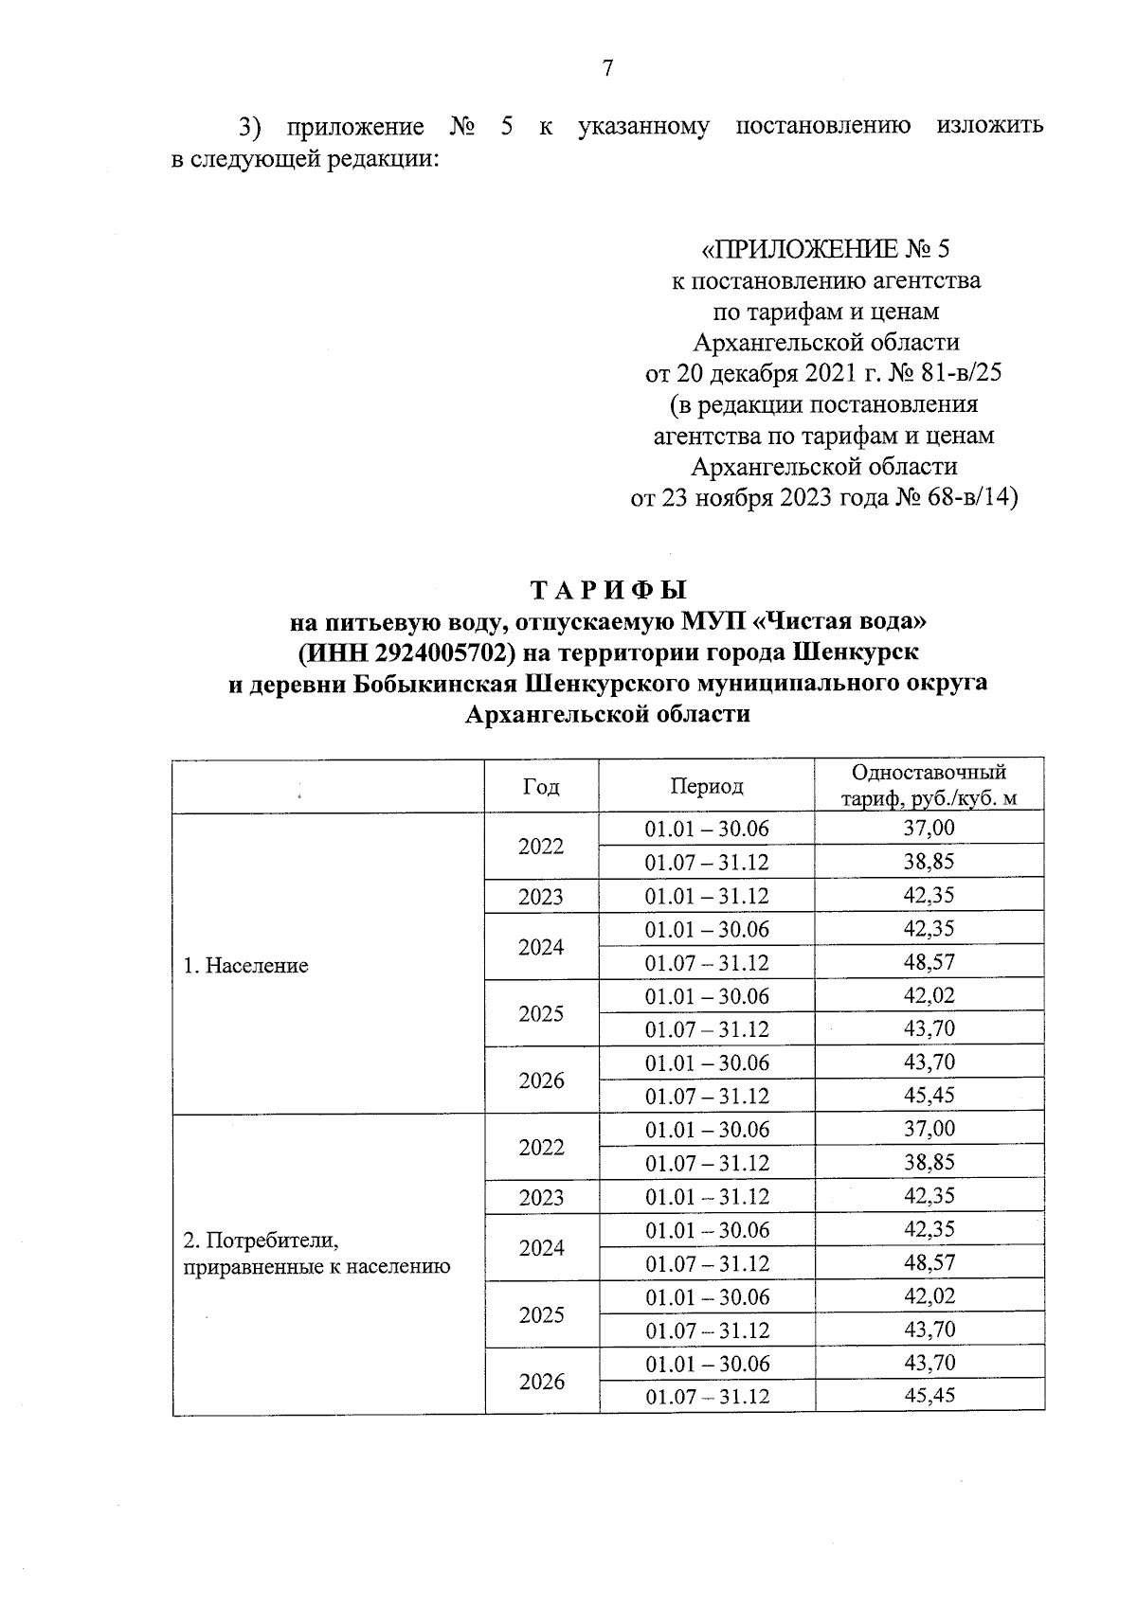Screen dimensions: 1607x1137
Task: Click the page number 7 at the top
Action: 607,68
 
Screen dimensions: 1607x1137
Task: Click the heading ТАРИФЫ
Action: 607,591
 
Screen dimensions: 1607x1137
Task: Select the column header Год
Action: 541,786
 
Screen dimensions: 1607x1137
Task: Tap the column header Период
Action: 707,786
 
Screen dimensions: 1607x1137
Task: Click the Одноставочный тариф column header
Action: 929,786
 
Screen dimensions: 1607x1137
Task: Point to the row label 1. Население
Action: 245,966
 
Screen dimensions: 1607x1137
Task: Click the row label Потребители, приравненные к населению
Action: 316,1253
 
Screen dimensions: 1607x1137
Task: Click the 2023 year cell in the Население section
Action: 541,896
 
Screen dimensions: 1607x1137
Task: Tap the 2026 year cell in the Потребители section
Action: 541,1382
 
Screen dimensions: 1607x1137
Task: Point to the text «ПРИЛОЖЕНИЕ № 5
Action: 824,250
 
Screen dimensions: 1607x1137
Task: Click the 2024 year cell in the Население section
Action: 541,947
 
